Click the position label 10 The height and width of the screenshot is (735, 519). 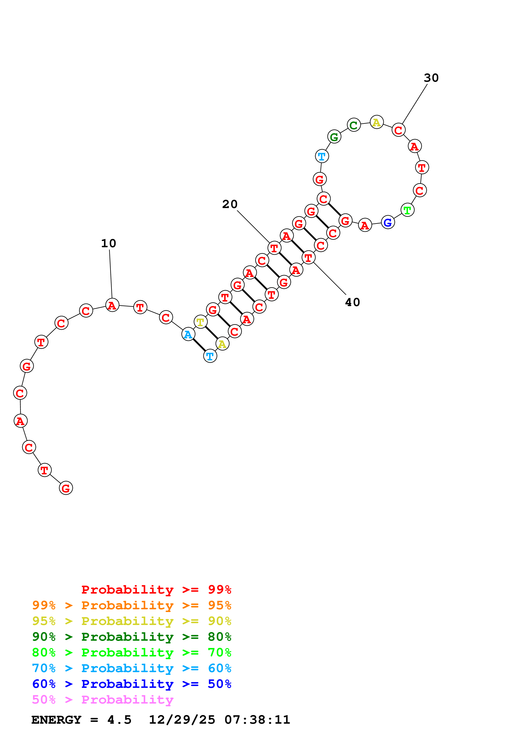[x=108, y=243]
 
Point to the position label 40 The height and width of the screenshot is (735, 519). [x=352, y=302]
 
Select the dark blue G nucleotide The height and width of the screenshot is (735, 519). [x=388, y=222]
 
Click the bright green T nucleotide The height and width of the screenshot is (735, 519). [x=407, y=210]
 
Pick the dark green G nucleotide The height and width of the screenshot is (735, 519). [x=334, y=137]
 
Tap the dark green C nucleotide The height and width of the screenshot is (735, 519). [x=354, y=125]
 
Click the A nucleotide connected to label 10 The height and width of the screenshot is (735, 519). [x=112, y=305]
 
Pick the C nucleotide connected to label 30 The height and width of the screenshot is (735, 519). [x=398, y=130]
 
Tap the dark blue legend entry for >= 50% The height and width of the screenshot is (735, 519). [x=131, y=684]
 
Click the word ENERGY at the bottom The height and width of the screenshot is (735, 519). [x=56, y=720]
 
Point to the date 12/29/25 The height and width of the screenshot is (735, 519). [x=182, y=720]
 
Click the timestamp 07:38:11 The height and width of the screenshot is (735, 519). [x=257, y=720]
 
